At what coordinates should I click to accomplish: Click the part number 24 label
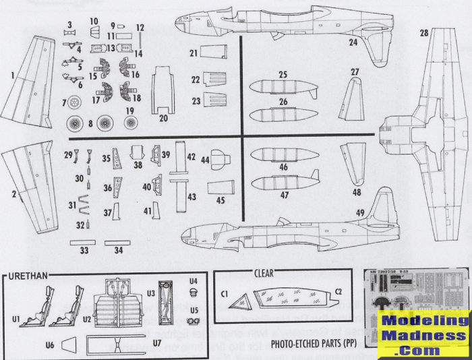pos(353,42)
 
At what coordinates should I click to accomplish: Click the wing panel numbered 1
pos(31,84)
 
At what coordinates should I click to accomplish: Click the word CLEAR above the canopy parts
pos(263,274)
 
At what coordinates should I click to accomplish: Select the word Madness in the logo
pos(423,336)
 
